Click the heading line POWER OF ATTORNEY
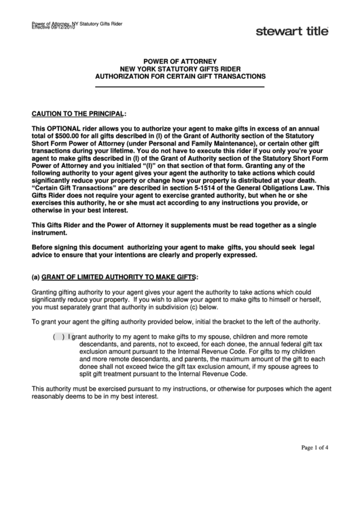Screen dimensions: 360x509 [x=180, y=62]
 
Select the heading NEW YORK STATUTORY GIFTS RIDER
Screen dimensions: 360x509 [x=180, y=69]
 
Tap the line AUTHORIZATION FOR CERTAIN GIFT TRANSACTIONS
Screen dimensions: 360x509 [x=180, y=77]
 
